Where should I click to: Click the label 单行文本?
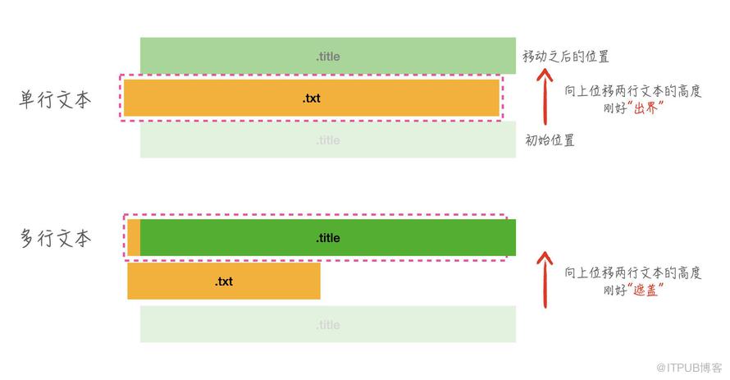[x=55, y=99]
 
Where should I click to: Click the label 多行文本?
[x=55, y=238]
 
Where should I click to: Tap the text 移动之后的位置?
[x=566, y=57]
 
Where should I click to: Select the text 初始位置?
[x=550, y=140]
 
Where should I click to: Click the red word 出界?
[x=646, y=108]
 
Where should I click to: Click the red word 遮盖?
[x=646, y=290]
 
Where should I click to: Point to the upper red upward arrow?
[x=545, y=97]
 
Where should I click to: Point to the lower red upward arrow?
[x=545, y=279]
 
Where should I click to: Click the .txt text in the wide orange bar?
[x=312, y=98]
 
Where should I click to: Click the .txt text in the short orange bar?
[x=224, y=282]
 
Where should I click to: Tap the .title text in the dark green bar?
[x=328, y=238]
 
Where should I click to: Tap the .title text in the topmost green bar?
[x=328, y=57]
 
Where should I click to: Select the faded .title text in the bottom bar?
[x=328, y=324]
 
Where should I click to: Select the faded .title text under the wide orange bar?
[x=328, y=140]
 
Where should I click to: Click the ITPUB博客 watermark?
[x=689, y=368]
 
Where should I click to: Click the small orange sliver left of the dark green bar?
[x=134, y=238]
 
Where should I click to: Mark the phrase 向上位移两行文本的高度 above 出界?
[x=632, y=91]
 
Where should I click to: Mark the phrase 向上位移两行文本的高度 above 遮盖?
[x=632, y=272]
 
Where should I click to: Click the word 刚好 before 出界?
[x=615, y=108]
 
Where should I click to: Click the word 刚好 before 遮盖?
[x=615, y=290]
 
